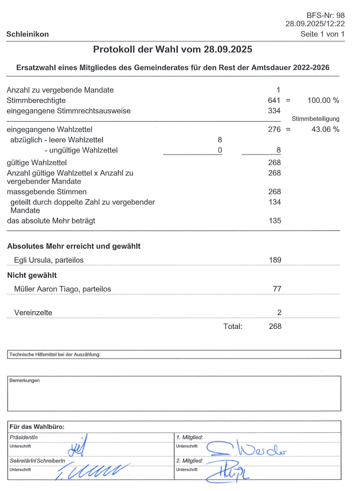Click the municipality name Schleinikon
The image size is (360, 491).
[27, 34]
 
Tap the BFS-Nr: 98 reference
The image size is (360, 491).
[326, 15]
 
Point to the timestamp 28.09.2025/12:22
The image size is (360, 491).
[315, 24]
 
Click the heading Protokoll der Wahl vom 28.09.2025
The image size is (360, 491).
[173, 49]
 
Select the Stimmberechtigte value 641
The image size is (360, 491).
[274, 101]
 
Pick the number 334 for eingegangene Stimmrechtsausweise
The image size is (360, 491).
[274, 111]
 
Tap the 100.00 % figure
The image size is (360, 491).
[323, 101]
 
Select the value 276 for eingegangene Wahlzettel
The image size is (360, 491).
[274, 129]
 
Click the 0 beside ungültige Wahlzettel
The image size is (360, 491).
[220, 150]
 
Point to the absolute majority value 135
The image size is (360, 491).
[274, 221]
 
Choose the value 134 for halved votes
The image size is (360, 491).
[274, 202]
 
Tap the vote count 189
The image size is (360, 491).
[274, 260]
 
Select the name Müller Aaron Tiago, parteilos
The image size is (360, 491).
[62, 289]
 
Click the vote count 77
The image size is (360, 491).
[277, 289]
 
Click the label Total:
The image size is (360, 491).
[233, 326]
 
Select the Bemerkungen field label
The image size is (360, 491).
[24, 380]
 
